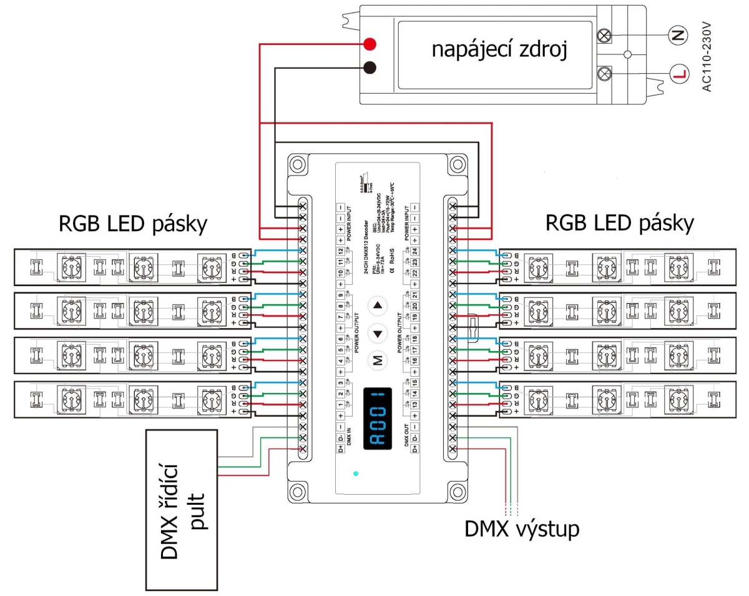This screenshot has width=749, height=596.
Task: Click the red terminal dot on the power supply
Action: (x=370, y=44)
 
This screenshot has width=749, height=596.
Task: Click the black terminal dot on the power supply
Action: (x=370, y=66)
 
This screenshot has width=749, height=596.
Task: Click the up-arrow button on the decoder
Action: (x=377, y=306)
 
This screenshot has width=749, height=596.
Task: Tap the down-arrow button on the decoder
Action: (x=377, y=333)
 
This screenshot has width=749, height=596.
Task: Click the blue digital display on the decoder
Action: (x=377, y=416)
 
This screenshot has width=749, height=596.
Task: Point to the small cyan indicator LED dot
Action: (x=356, y=474)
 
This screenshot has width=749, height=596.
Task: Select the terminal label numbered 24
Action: (x=416, y=252)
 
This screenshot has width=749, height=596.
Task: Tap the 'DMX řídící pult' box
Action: (x=182, y=510)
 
